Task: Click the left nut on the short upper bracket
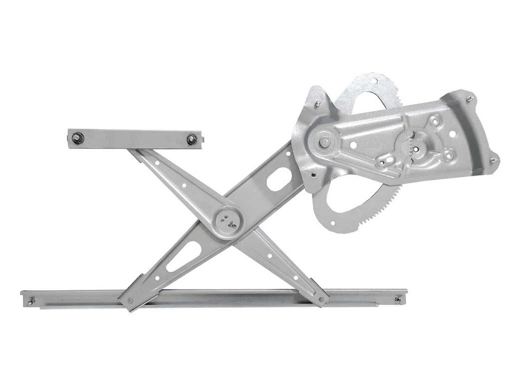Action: point(77,138)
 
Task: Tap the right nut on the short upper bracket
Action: point(192,140)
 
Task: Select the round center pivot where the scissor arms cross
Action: point(228,219)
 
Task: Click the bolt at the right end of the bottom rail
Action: point(398,300)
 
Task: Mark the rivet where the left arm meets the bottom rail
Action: point(131,300)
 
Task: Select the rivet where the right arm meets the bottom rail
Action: point(321,300)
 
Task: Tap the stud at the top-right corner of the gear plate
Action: point(469,99)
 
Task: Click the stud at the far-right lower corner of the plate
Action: point(493,160)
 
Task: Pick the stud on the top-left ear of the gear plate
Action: point(317,104)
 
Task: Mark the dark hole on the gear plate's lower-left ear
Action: point(312,175)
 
